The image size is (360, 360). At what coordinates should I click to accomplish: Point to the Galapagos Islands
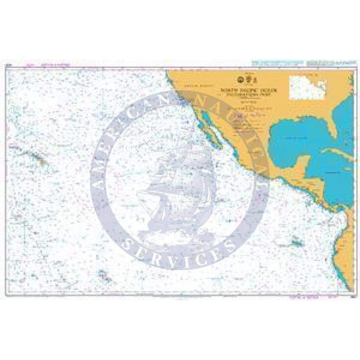point(295,242)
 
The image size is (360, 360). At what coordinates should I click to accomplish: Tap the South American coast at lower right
point(341,245)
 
